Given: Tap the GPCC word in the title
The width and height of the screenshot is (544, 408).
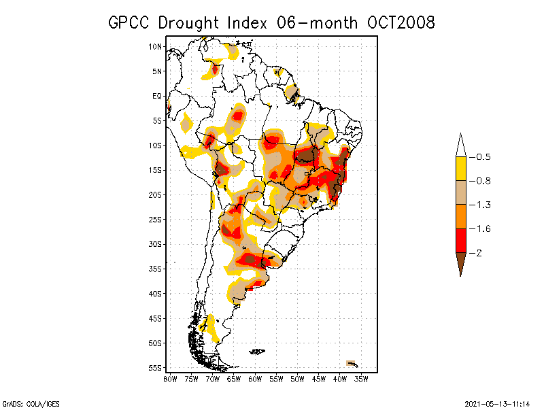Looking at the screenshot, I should pos(131,22).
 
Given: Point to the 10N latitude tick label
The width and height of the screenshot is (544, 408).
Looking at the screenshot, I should pos(156,46).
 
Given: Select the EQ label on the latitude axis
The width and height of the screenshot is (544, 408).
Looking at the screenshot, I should pos(157,96).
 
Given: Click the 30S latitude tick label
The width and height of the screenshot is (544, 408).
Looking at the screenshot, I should pos(156,244).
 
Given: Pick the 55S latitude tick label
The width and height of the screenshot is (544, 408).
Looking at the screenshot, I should pos(156,368).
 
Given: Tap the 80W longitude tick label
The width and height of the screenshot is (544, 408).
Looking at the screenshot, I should pos(170,378).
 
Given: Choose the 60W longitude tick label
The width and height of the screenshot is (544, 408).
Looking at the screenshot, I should pos(255,378).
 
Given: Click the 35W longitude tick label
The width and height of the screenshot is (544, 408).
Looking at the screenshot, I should pos(362,378).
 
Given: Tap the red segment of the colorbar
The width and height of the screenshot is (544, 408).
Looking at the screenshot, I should pos(460,240).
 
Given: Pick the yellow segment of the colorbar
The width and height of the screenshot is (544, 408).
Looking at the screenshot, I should pos(460,169).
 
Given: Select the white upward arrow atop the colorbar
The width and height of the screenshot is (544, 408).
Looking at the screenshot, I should pos(460,146).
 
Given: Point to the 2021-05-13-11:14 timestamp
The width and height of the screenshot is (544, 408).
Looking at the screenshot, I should pos(497,402).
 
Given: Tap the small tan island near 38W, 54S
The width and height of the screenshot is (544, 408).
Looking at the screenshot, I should pos(351,363).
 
